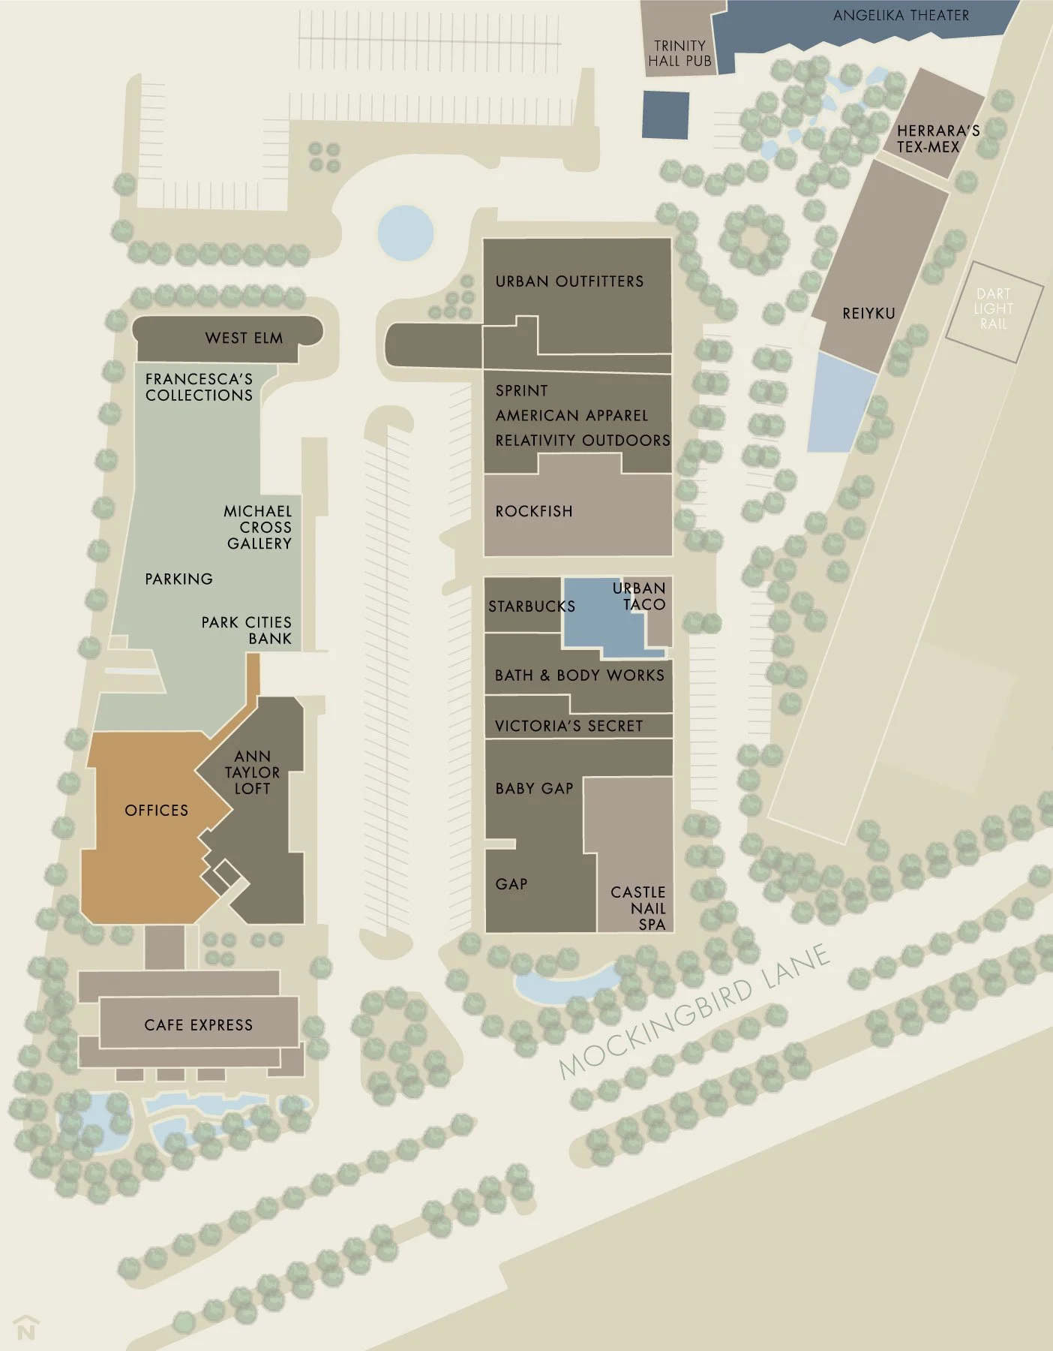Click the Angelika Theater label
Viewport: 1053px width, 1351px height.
[x=901, y=15]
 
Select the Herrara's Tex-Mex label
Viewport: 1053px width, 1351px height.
[x=937, y=139]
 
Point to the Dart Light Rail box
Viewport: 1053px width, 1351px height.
[x=994, y=308]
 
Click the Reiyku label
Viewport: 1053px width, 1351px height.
[x=868, y=313]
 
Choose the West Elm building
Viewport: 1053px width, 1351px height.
[x=228, y=337]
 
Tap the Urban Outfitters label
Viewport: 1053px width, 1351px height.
[x=569, y=281]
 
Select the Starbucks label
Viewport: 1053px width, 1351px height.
[x=532, y=606]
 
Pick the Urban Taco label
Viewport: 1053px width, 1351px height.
[x=640, y=596]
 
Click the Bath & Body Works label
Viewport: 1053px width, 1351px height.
[x=580, y=675]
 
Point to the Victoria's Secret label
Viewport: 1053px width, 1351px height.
[x=569, y=726]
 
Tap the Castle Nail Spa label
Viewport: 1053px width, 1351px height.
[x=639, y=907]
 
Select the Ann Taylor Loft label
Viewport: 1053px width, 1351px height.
[x=253, y=772]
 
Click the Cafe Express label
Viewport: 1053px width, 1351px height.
[x=199, y=1025]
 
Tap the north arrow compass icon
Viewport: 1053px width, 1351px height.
[x=26, y=1328]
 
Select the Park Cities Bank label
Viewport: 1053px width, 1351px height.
[x=247, y=630]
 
